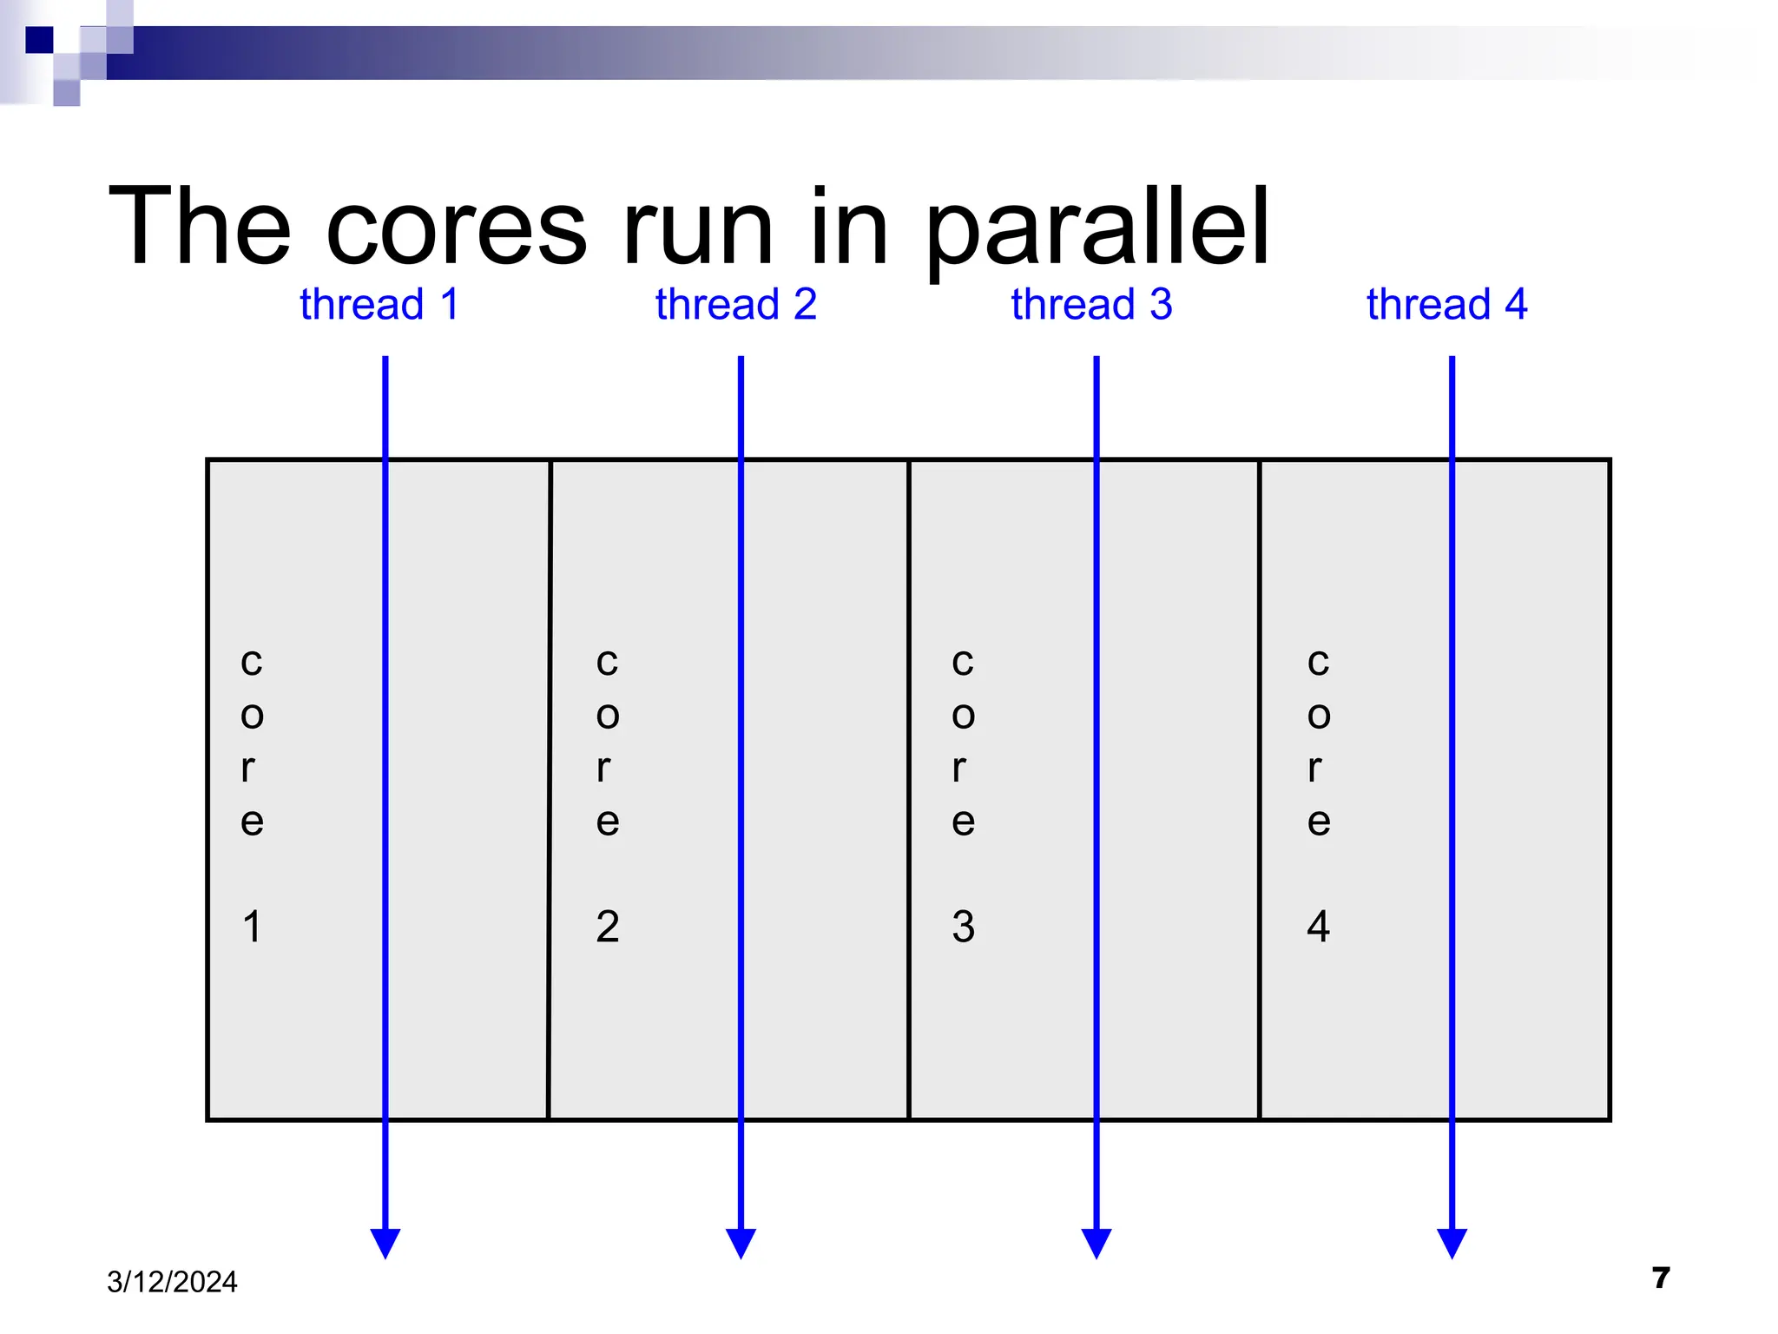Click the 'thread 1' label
point(379,305)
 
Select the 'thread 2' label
point(735,305)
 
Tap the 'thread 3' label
point(1091,305)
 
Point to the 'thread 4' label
point(1446,305)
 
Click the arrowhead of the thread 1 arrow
point(385,1242)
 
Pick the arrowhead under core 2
point(741,1242)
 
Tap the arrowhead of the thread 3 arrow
point(1096,1242)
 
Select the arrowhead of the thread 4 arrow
point(1452,1242)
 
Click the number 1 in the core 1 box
point(252,927)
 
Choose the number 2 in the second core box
point(608,927)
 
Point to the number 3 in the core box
point(963,927)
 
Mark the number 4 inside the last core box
point(1318,927)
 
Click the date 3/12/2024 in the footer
point(172,1282)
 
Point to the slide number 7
point(1661,1278)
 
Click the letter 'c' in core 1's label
point(252,663)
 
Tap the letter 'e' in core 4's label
point(1318,822)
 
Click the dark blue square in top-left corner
point(39,40)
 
